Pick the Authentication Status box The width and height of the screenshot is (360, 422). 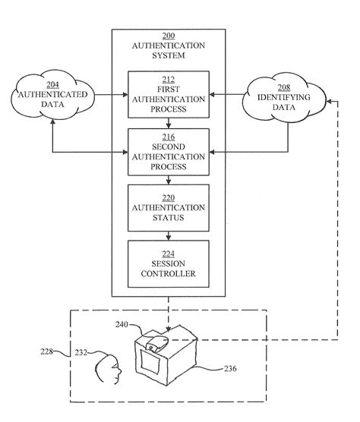click(169, 208)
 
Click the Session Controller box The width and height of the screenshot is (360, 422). click(169, 263)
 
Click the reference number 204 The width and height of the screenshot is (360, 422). click(51, 86)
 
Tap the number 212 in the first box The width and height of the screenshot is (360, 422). click(169, 78)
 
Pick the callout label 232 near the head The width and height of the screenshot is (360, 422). click(81, 351)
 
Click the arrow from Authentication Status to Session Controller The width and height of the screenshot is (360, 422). click(169, 235)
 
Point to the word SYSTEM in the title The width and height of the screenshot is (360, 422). click(169, 55)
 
